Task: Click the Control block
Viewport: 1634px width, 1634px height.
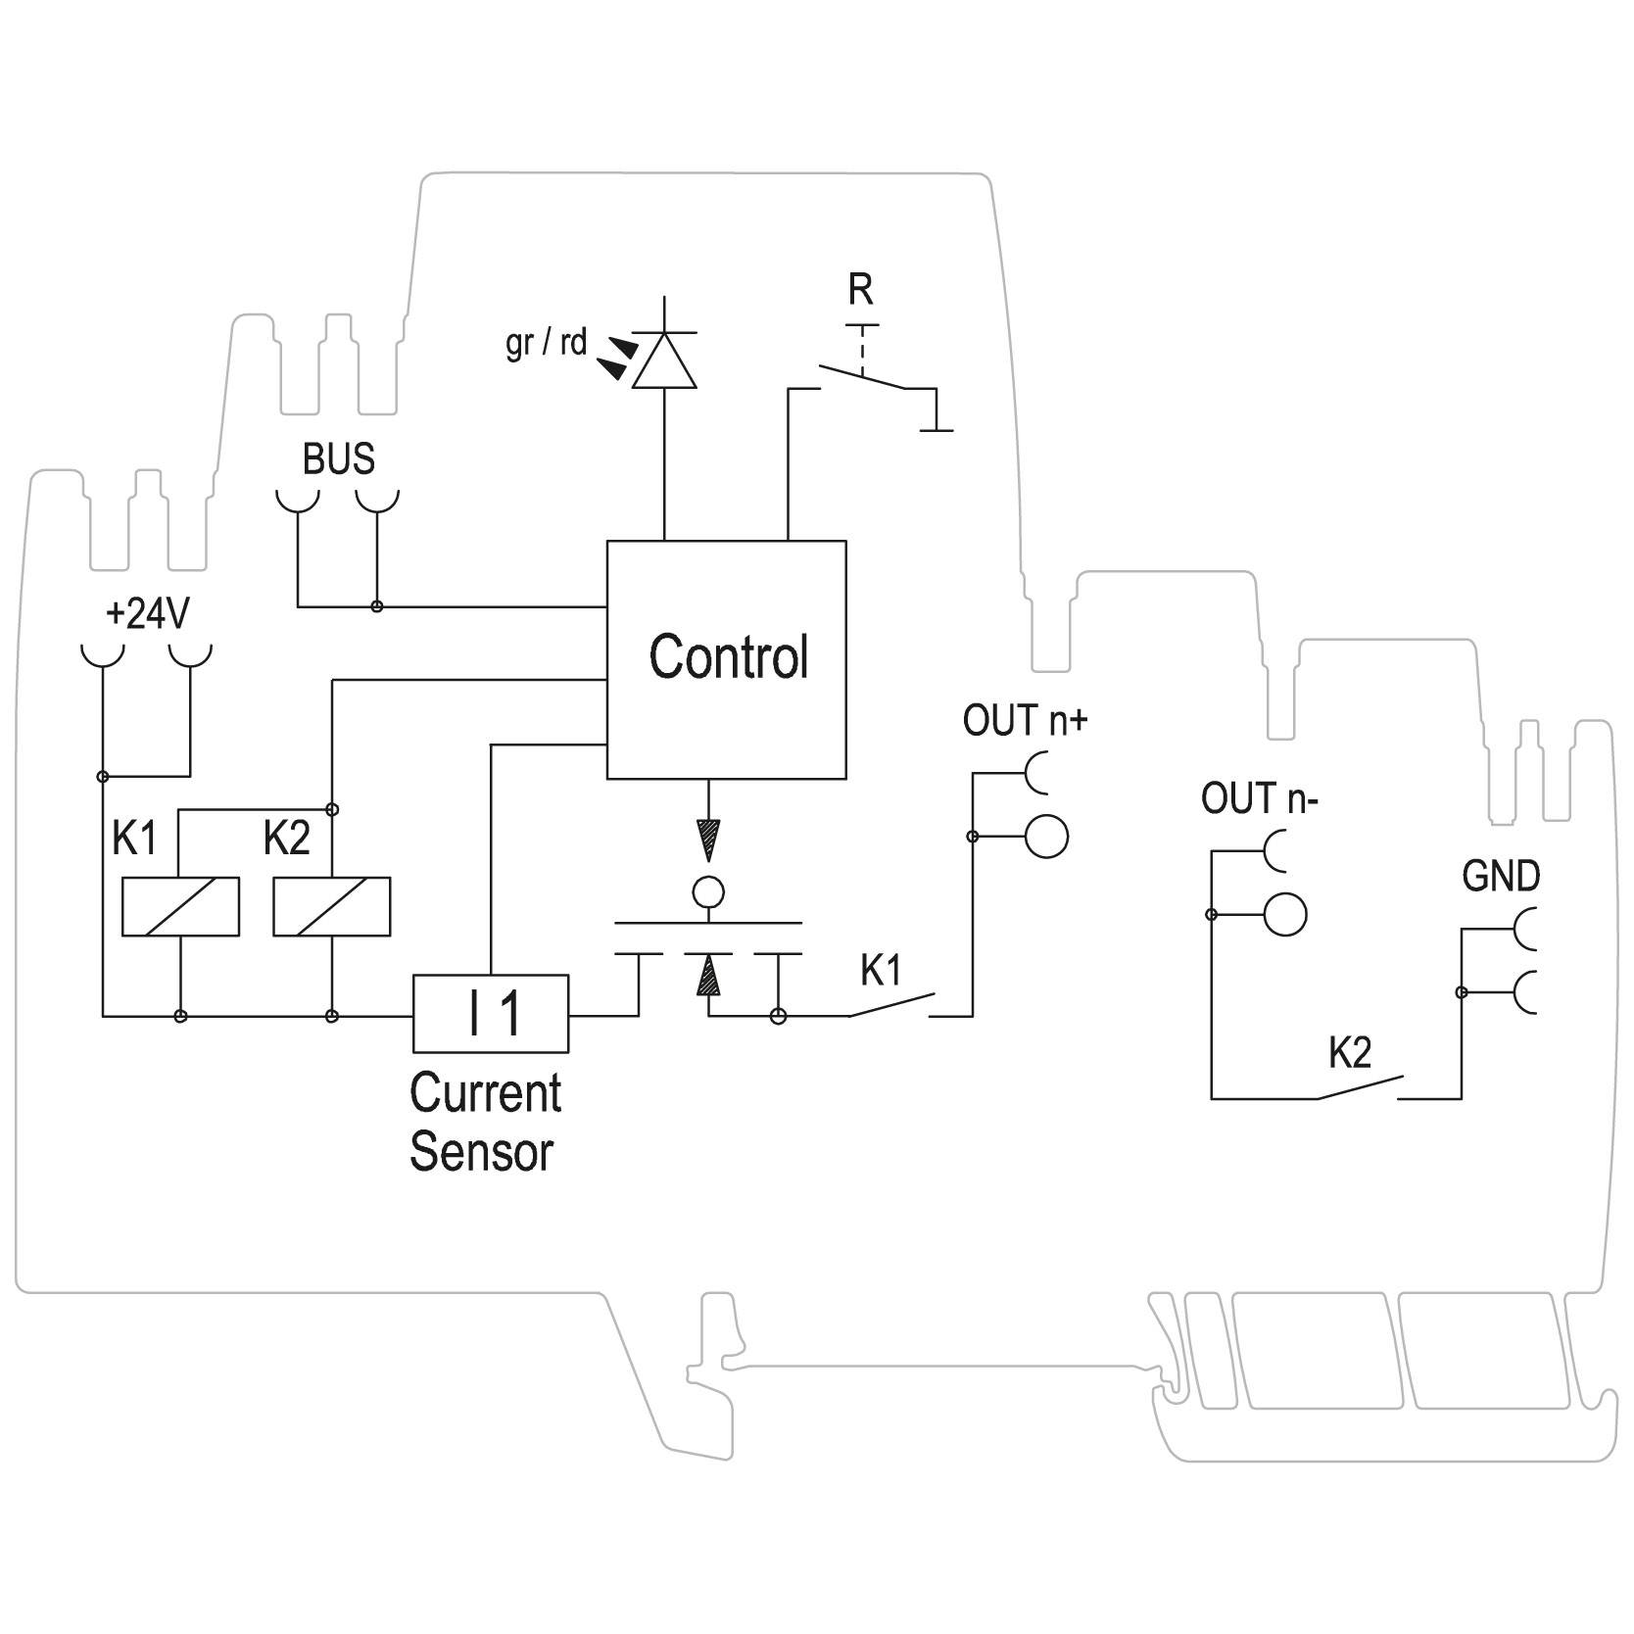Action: (726, 659)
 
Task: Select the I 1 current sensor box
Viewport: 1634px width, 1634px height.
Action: (491, 1013)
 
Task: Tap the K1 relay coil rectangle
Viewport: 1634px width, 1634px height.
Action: (180, 906)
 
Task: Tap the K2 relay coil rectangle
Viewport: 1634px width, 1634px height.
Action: (332, 906)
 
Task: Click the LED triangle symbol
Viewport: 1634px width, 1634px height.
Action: (664, 361)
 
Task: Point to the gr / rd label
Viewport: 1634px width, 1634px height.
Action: (546, 343)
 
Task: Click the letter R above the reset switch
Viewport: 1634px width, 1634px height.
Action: (860, 290)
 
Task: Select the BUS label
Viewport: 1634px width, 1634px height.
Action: (338, 458)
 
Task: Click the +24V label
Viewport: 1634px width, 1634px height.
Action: (147, 614)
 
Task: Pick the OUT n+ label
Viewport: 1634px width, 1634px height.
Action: (1025, 721)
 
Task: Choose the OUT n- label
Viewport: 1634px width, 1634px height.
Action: (1260, 798)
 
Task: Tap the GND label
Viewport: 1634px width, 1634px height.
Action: (1500, 877)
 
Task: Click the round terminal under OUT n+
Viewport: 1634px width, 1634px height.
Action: (1046, 837)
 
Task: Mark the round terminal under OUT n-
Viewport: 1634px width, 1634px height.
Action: (1285, 914)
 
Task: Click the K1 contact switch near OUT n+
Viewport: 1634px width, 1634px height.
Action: (891, 1005)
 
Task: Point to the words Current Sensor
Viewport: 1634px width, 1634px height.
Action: (485, 1122)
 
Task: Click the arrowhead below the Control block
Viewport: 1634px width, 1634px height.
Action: (707, 840)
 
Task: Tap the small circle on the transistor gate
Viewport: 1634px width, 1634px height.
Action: (707, 892)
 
